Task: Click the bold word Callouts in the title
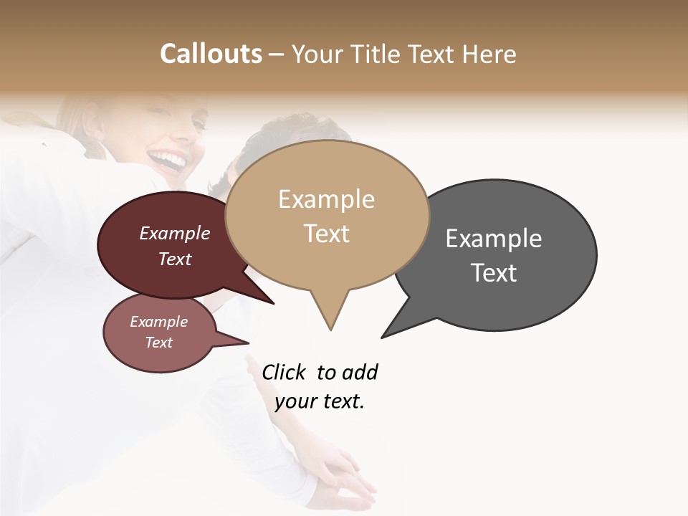pyautogui.click(x=211, y=54)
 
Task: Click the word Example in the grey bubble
pyautogui.click(x=494, y=239)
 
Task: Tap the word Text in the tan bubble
pyautogui.click(x=327, y=234)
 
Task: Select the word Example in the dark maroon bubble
pyautogui.click(x=174, y=233)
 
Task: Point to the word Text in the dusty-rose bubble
pyautogui.click(x=159, y=343)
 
